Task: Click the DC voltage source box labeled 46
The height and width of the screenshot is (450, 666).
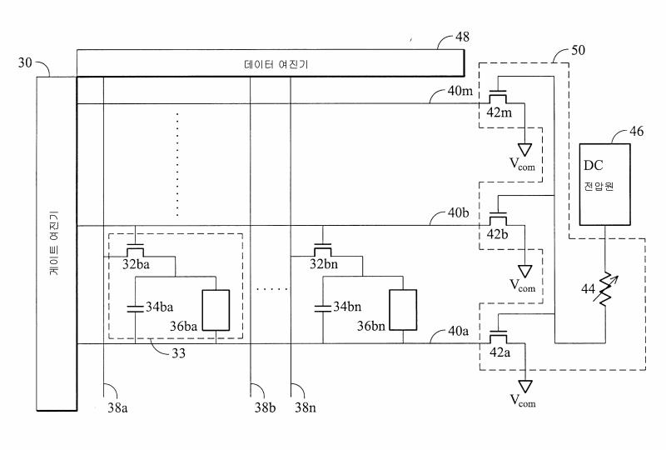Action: tap(604, 183)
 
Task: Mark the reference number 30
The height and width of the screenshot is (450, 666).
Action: tap(26, 63)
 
